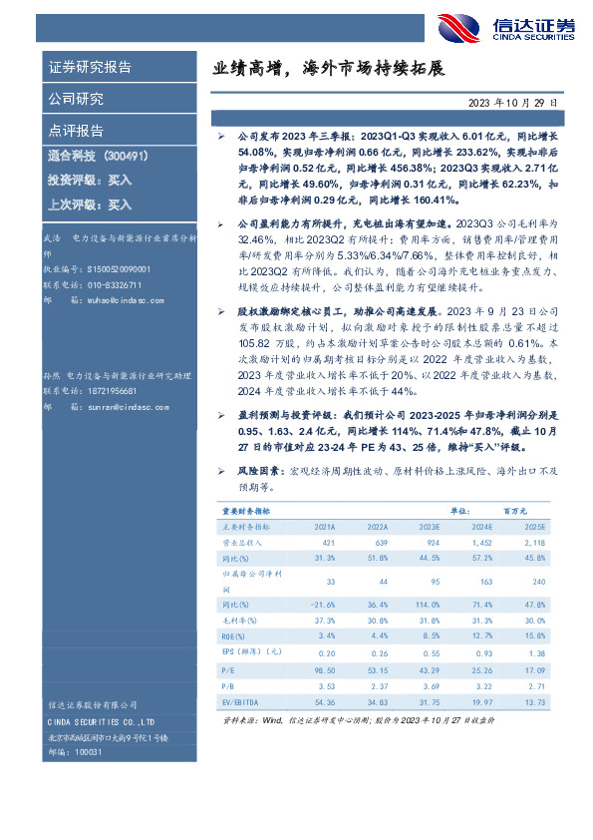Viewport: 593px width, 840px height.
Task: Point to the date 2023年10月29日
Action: tap(518, 103)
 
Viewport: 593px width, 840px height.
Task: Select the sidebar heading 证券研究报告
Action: tap(90, 68)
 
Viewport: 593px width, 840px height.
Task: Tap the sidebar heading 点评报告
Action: tap(76, 131)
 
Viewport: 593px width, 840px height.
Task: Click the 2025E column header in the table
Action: tap(535, 525)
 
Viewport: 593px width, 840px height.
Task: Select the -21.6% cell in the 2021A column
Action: tap(325, 606)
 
